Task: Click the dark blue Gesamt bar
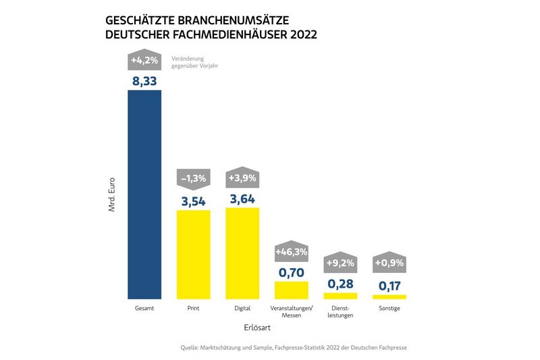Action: pos(144,194)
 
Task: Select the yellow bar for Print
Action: pos(193,254)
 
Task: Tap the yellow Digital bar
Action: pos(242,253)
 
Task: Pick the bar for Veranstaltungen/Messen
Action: pos(291,290)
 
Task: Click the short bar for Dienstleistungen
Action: pos(340,295)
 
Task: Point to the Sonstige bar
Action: pos(389,297)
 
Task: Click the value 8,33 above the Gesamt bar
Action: pos(144,81)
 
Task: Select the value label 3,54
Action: pos(193,201)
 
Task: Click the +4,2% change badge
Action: pos(144,60)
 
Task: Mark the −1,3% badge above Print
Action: pos(193,179)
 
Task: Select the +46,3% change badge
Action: pos(291,251)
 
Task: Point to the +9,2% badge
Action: pos(340,262)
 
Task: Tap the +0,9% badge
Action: pos(389,262)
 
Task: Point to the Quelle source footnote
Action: pos(294,347)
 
